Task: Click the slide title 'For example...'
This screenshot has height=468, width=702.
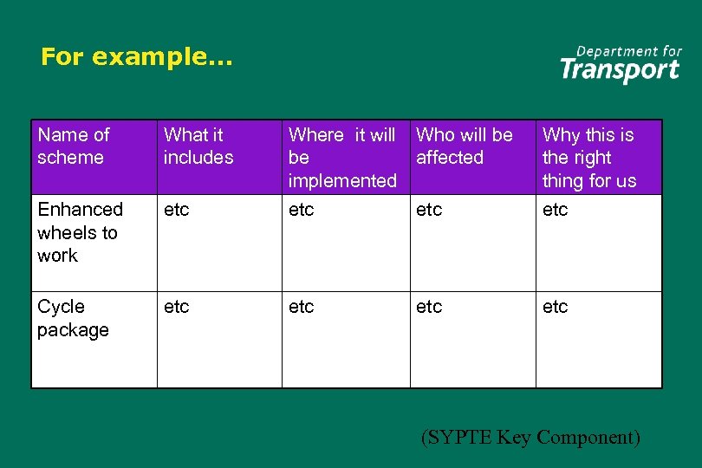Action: pos(137,57)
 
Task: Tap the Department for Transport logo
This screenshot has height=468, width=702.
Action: pos(620,63)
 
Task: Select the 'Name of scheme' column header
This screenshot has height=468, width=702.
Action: pos(74,146)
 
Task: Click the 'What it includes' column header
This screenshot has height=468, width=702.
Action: pos(198,146)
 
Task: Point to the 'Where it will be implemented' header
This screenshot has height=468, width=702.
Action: pos(341,158)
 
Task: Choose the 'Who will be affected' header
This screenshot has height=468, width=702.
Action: pos(464,146)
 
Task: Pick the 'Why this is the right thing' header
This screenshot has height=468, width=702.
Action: pos(588,158)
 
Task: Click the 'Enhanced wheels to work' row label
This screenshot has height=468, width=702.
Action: pos(80,232)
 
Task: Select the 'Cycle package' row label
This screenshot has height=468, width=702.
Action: pos(73,318)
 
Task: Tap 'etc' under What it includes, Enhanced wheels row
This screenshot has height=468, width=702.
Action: pos(176,210)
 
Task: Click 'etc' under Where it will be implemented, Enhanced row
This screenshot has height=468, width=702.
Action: pos(301,210)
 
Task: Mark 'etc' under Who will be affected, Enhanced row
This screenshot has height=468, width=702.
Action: pos(429,210)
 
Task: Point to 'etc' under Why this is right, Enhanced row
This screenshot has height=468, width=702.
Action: pos(555,210)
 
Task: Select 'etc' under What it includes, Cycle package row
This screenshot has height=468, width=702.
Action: pos(176,307)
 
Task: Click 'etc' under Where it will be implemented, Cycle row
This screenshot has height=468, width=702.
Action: pos(301,307)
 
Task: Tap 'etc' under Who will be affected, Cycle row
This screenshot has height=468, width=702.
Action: pos(429,307)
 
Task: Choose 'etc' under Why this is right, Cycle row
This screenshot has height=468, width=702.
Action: pos(555,307)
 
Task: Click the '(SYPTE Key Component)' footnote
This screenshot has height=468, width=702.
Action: pos(530,438)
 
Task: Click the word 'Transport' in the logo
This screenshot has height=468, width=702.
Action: pos(620,70)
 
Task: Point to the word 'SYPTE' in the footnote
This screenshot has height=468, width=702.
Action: pos(459,438)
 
